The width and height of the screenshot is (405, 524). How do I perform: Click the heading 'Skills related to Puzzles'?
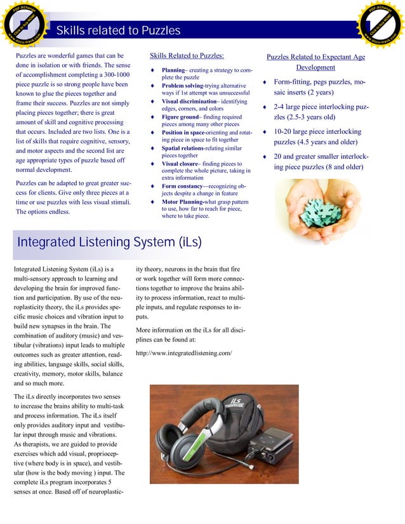pyautogui.click(x=118, y=31)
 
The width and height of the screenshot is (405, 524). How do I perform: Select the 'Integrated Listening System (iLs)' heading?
pyautogui.click(x=109, y=242)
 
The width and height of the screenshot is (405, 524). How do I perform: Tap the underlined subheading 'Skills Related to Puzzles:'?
pyautogui.click(x=187, y=56)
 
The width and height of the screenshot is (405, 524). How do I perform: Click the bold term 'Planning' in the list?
pyautogui.click(x=173, y=70)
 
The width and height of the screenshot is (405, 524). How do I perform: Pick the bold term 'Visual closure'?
pyautogui.click(x=180, y=164)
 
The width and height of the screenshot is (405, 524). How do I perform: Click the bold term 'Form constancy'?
pyautogui.click(x=183, y=187)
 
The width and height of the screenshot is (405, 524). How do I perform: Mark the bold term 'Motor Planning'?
pyautogui.click(x=182, y=202)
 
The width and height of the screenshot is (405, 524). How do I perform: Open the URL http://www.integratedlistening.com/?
pyautogui.click(x=184, y=353)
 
